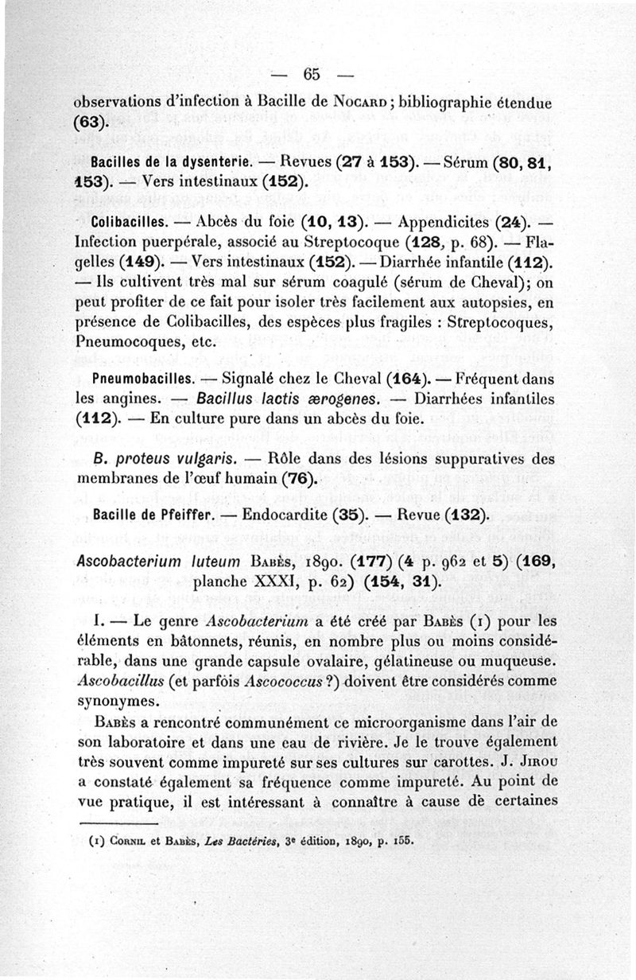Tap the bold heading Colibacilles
pyautogui.click(x=130, y=220)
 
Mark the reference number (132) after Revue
pyautogui.click(x=460, y=514)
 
